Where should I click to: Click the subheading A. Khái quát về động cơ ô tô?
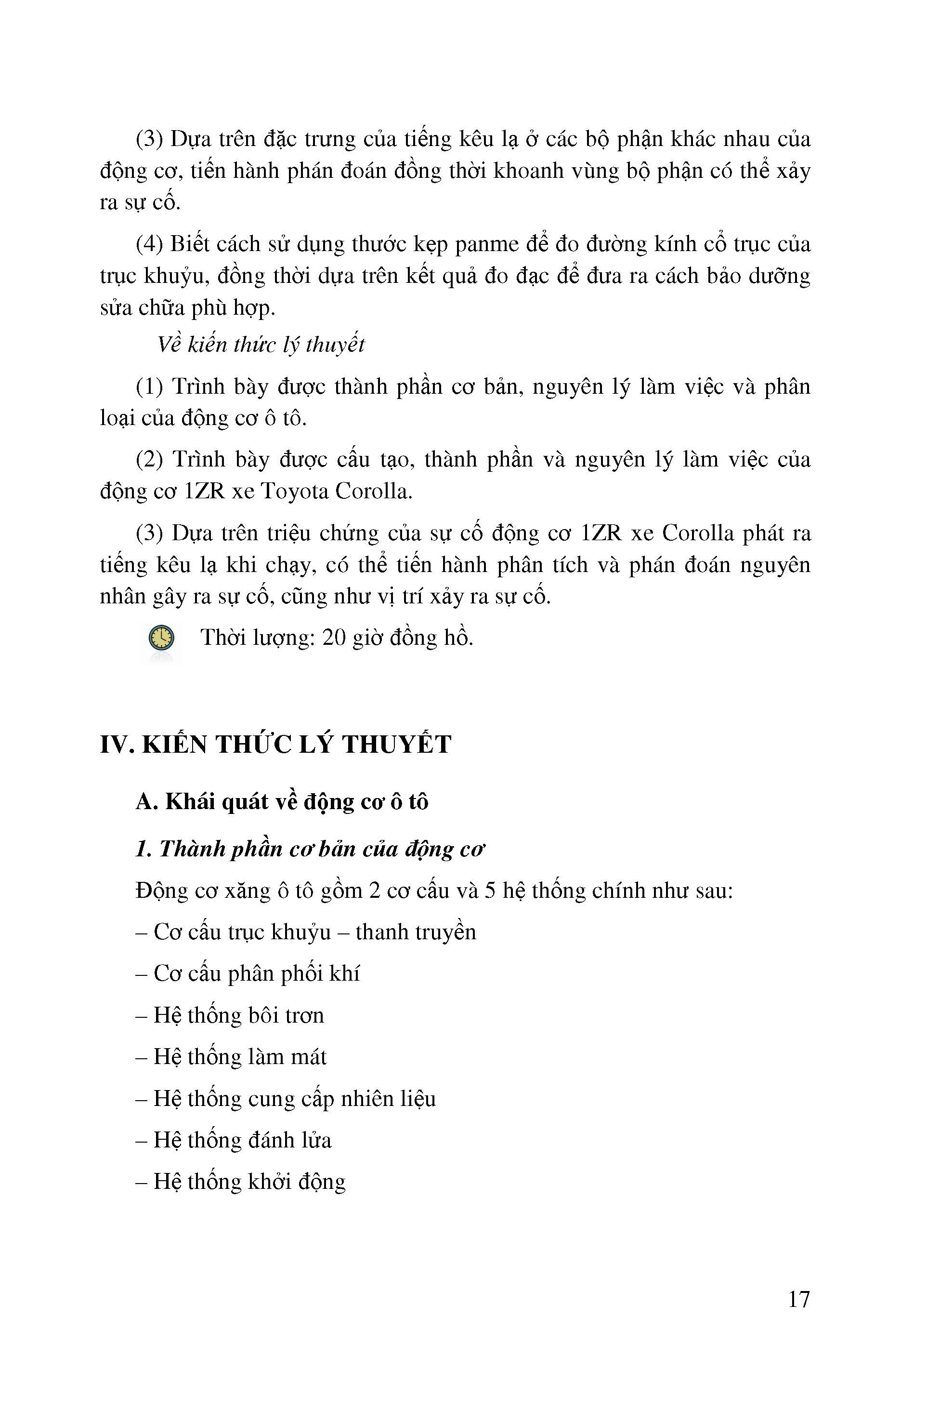pyautogui.click(x=282, y=802)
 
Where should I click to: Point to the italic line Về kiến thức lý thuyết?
pyautogui.click(x=261, y=345)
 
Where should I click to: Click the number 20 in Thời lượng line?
pyautogui.click(x=334, y=638)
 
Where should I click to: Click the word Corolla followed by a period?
pyautogui.click(x=375, y=492)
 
